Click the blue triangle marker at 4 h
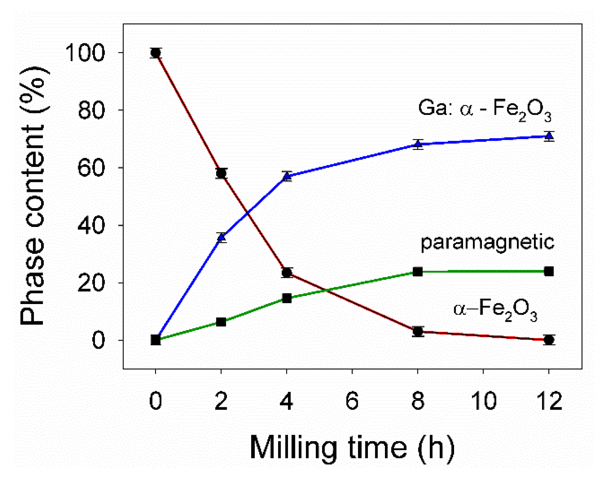pos(287,176)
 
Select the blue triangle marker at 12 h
pos(549,136)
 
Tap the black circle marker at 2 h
pos(221,173)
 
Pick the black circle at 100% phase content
pos(156,53)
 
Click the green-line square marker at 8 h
pos(418,272)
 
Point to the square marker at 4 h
pos(287,298)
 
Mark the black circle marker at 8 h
pos(418,331)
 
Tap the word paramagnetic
pos(487,242)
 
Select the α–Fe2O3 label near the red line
pos(495,309)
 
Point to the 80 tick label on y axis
pos(91,111)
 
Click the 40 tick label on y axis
pos(91,226)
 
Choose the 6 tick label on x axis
pos(352,401)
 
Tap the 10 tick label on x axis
pos(483,401)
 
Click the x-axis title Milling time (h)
pos(352,447)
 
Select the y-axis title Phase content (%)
pos(33,195)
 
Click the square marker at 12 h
pos(549,271)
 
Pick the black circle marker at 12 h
pos(549,340)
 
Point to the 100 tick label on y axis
pos(85,53)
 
